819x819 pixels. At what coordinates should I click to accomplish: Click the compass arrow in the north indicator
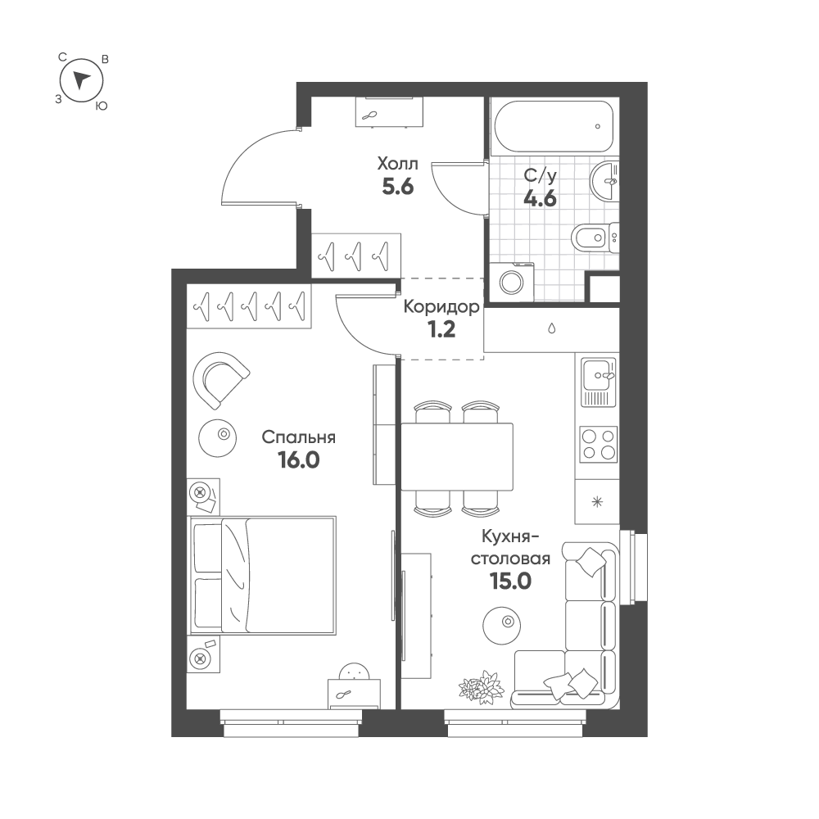(x=81, y=79)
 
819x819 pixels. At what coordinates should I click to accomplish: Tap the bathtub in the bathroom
(x=553, y=126)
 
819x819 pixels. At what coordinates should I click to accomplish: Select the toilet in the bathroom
(x=595, y=238)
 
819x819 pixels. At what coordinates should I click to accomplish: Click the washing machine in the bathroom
(x=513, y=283)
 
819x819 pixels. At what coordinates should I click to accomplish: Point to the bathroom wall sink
(x=604, y=181)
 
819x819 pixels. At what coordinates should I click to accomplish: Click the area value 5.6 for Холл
(x=398, y=187)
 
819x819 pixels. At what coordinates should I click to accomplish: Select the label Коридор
(x=441, y=307)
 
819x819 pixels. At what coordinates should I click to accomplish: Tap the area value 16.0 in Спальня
(x=299, y=460)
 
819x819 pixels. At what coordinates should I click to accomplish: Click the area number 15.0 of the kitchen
(x=510, y=581)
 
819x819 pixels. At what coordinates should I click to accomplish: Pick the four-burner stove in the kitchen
(x=599, y=444)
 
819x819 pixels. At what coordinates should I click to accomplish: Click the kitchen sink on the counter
(x=599, y=382)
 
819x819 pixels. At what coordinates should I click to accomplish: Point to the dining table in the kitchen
(x=457, y=457)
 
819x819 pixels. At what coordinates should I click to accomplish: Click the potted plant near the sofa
(x=482, y=685)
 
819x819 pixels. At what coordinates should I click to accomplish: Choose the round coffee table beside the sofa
(x=502, y=626)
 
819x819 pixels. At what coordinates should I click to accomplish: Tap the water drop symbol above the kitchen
(x=551, y=328)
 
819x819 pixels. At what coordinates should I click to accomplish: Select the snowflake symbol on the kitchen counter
(x=597, y=502)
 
